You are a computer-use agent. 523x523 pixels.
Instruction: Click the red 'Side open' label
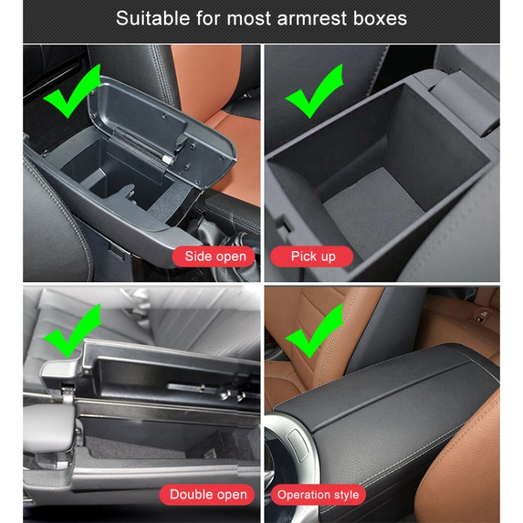215,257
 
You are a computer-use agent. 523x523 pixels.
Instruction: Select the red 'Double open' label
209,494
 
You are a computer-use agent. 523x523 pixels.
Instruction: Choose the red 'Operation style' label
318,494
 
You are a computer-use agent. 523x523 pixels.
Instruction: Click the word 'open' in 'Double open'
228,494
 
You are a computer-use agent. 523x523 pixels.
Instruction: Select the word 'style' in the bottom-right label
345,494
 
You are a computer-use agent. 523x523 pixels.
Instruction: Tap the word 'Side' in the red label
198,257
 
